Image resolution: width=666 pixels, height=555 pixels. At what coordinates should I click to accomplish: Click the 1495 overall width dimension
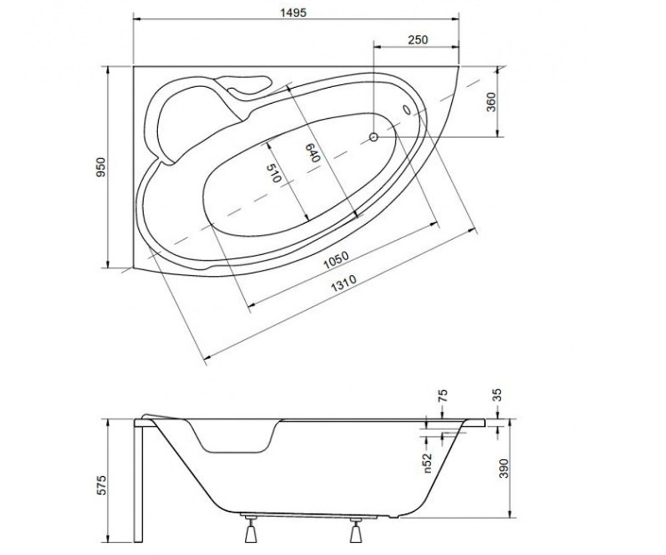point(293,13)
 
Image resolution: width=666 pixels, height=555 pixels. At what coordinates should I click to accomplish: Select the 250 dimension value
point(418,40)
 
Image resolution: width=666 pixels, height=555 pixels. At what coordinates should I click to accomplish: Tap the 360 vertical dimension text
point(492,102)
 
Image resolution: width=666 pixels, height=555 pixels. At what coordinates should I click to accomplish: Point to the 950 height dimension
point(101,167)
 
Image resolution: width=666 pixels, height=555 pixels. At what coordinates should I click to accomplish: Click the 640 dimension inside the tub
point(312,153)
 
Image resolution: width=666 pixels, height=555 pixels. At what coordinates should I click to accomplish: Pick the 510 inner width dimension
point(274,173)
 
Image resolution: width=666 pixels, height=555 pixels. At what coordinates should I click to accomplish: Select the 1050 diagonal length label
point(336,260)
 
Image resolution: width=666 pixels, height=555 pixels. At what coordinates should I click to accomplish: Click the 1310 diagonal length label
point(344,284)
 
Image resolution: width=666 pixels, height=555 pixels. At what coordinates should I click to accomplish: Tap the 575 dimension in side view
point(101,486)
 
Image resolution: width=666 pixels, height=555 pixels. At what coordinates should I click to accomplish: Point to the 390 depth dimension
point(503,468)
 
